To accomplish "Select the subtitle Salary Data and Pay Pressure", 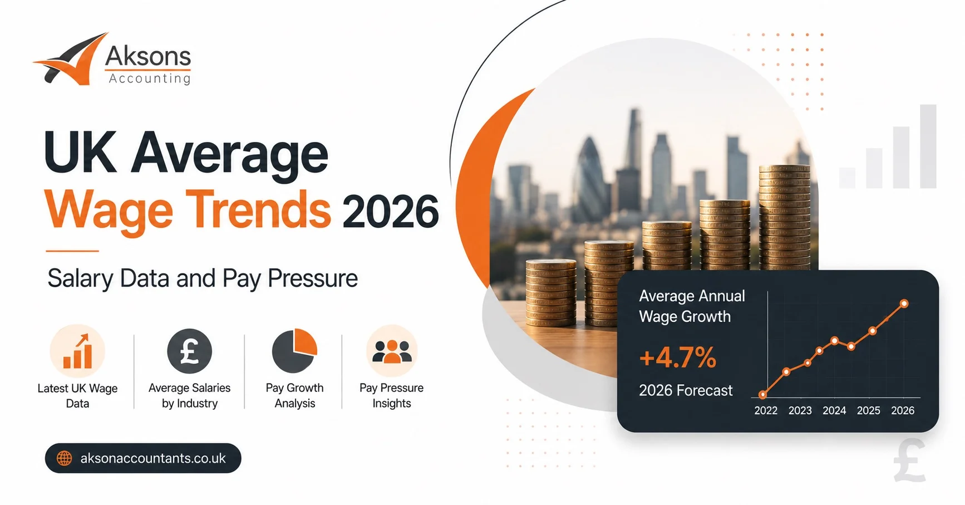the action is coord(203,278).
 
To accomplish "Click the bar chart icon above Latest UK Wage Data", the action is coord(77,351).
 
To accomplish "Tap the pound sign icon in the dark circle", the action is coord(190,351).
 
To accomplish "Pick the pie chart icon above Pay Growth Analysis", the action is coord(294,351).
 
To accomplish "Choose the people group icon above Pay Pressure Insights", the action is coord(392,351).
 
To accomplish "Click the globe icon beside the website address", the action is coord(65,458).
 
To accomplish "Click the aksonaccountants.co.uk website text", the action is coord(153,458).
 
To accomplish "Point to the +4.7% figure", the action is coord(678,357).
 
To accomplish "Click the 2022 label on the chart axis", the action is coord(766,410).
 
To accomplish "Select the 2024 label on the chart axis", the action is coord(834,410).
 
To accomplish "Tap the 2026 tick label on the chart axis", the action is coord(903,410).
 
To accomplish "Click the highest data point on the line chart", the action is coord(904,303).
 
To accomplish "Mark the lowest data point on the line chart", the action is coord(763,395).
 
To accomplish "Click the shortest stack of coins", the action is coord(551,293).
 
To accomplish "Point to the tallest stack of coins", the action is coord(785,217).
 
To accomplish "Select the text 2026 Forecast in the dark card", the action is coord(686,390).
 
